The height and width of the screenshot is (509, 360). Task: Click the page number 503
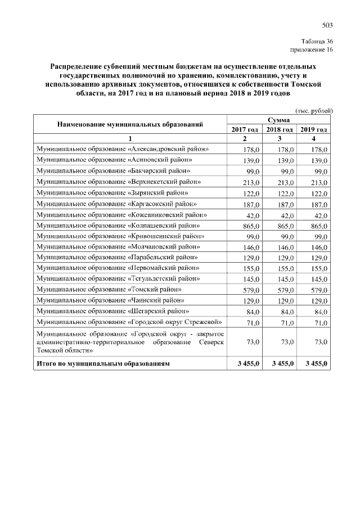(x=327, y=25)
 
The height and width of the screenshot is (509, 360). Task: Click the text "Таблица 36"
(x=317, y=42)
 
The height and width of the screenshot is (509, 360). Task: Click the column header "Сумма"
(x=279, y=120)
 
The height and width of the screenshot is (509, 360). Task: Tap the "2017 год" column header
(x=245, y=130)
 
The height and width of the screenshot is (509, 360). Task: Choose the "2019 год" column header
(x=314, y=130)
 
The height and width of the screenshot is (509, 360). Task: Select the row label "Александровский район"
(x=123, y=149)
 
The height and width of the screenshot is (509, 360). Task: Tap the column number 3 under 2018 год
(x=279, y=139)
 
